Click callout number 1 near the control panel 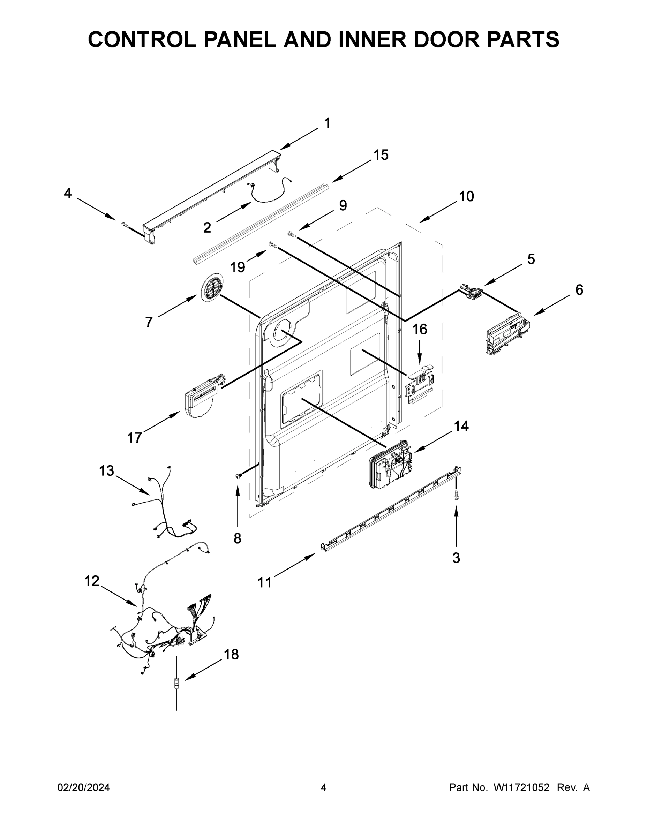[x=327, y=123]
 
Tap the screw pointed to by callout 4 [x=124, y=225]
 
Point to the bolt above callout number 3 [x=456, y=495]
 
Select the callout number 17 [x=135, y=437]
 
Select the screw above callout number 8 [x=238, y=476]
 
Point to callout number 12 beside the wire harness [x=92, y=581]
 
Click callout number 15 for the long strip [x=381, y=155]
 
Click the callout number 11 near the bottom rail [x=264, y=582]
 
